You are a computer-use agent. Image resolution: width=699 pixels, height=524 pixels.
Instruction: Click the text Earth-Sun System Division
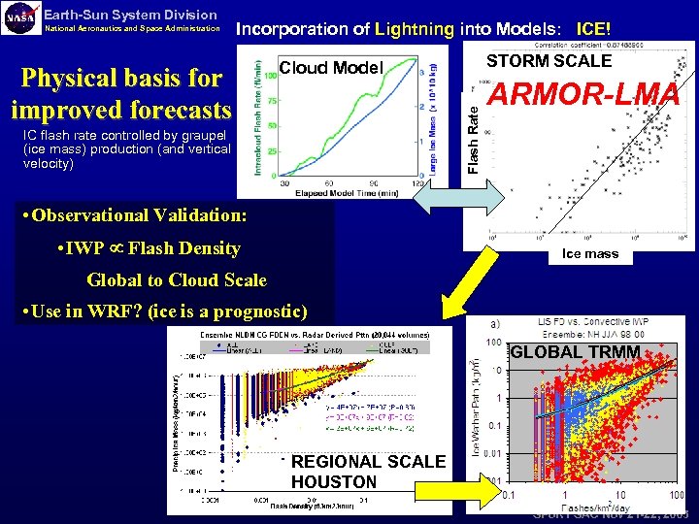coord(131,14)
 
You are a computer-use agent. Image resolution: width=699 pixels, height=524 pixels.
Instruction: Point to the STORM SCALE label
coord(549,61)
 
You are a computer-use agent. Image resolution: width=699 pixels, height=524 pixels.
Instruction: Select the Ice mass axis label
coord(590,253)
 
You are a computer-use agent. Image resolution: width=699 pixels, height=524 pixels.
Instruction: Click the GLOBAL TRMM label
coord(575,351)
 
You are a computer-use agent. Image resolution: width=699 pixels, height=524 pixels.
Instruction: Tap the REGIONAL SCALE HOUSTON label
coord(367,472)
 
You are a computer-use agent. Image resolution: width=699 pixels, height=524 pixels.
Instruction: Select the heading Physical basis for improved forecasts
coord(120,93)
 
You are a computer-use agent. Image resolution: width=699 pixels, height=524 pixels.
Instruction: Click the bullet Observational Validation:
coord(136,214)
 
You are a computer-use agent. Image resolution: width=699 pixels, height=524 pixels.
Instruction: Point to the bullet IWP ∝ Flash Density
coord(150,247)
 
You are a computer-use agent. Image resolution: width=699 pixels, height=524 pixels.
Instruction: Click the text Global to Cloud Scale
coord(176,280)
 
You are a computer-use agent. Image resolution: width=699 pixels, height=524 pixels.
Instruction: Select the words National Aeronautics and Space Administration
coord(134,28)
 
